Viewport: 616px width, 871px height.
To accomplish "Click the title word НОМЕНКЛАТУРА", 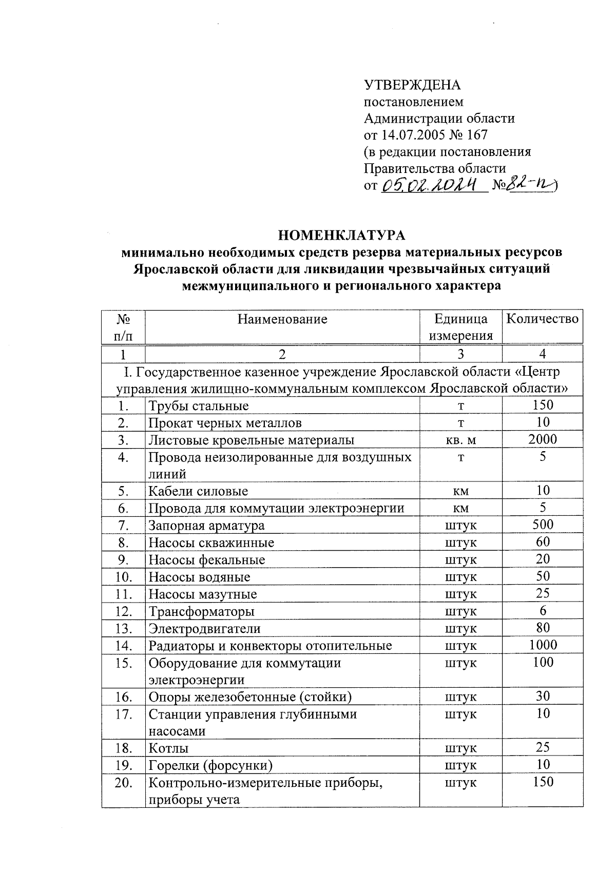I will pos(341,236).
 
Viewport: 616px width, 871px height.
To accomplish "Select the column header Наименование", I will pos(282,319).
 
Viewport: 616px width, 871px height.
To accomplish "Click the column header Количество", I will pos(542,319).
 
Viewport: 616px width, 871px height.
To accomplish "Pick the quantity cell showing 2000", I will pos(543,439).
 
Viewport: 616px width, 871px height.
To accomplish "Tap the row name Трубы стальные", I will pos(199,406).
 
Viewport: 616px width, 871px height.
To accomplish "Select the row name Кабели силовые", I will pos(198,491).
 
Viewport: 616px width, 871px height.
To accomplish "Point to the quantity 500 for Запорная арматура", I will pos(543,525).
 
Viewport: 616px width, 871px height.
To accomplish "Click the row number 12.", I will pos(123,611).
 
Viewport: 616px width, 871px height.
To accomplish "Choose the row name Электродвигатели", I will pos(204,629).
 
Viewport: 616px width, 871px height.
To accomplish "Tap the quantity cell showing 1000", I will pos(543,645).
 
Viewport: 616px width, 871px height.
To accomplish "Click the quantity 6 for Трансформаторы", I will pos(543,610).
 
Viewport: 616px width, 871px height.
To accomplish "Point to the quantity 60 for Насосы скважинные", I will pos(543,542).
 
